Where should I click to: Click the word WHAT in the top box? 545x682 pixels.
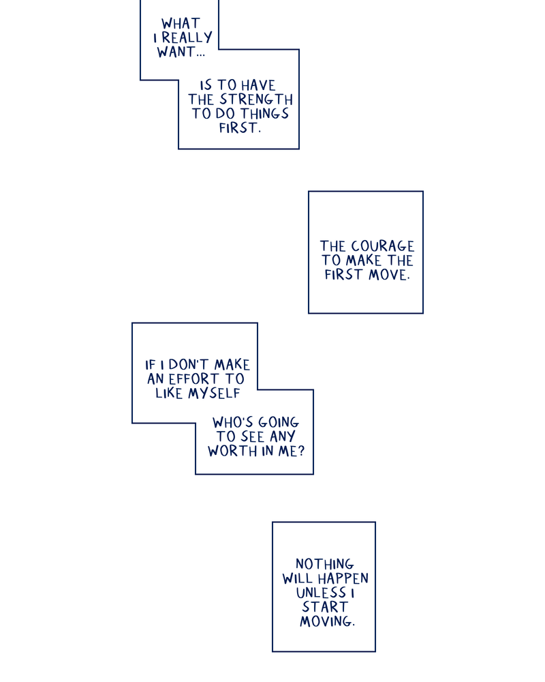181,24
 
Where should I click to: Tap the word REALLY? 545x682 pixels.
187,38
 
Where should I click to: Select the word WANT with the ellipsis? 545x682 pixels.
181,53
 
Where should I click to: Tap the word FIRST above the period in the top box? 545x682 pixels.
238,128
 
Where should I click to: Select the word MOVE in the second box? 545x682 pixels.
389,275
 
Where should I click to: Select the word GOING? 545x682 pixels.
278,423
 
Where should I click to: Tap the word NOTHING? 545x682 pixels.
325,564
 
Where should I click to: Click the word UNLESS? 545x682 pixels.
320,593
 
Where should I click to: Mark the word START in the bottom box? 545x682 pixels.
325,607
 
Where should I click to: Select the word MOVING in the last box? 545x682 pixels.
326,621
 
